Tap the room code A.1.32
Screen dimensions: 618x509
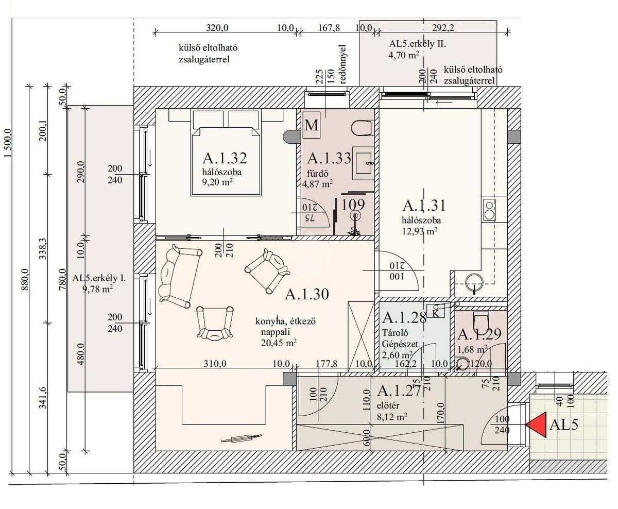click(225, 158)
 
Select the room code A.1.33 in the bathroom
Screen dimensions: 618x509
click(329, 158)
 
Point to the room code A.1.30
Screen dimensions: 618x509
click(307, 294)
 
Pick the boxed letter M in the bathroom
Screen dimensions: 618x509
click(311, 125)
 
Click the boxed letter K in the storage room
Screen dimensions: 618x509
click(436, 311)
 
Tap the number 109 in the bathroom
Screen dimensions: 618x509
click(353, 205)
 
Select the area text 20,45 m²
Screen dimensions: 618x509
click(279, 343)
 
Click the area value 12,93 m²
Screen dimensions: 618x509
click(420, 231)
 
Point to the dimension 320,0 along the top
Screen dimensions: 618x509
click(217, 28)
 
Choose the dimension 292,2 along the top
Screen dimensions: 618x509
click(443, 28)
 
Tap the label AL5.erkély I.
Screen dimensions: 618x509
click(99, 278)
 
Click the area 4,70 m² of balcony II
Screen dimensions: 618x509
click(403, 55)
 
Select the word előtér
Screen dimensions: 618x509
click(388, 406)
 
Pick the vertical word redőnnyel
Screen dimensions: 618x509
click(342, 64)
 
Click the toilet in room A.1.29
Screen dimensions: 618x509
click(481, 322)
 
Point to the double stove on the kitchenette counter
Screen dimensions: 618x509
click(489, 210)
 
